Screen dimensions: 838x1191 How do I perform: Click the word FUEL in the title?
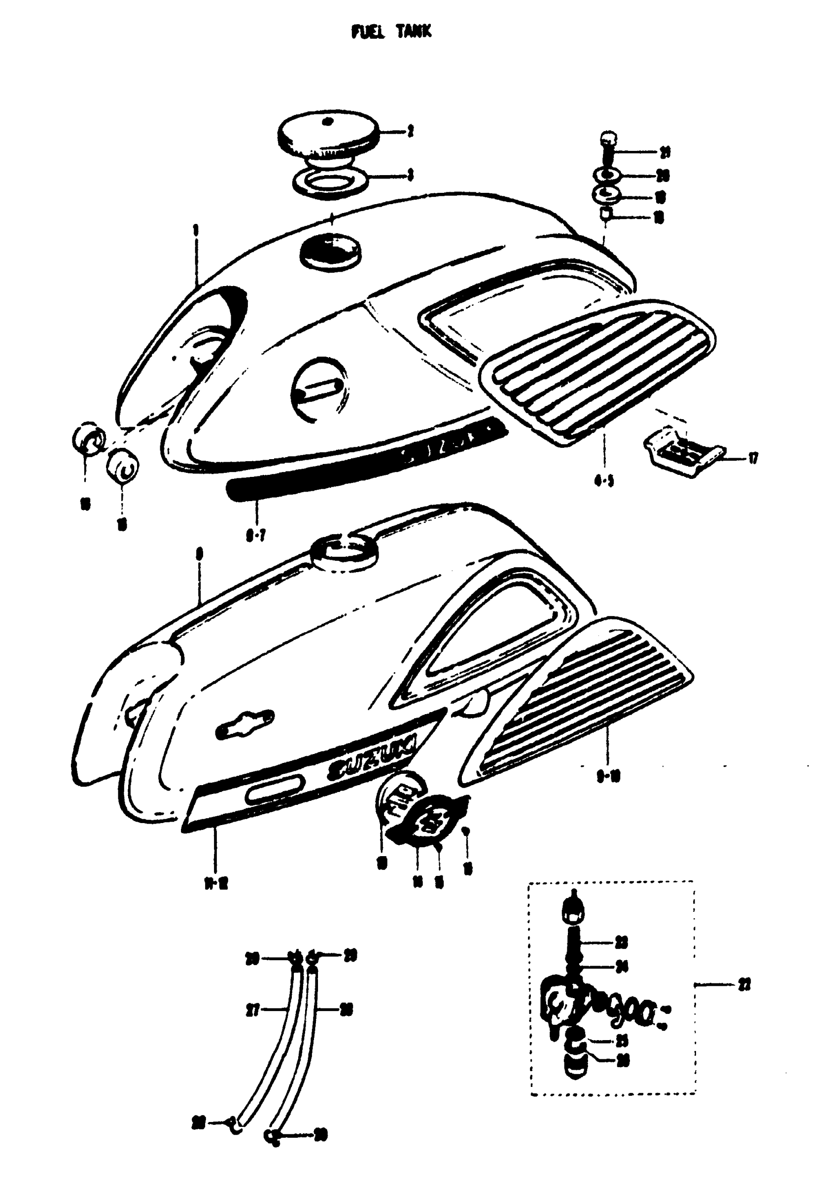coord(368,32)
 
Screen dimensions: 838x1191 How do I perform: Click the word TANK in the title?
coord(413,32)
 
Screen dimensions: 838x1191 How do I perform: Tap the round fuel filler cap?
coord(329,137)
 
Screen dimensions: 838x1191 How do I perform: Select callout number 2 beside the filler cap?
coord(410,132)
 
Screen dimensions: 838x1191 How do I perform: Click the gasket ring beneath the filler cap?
coord(330,180)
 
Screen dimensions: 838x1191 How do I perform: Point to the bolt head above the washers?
coord(608,139)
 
